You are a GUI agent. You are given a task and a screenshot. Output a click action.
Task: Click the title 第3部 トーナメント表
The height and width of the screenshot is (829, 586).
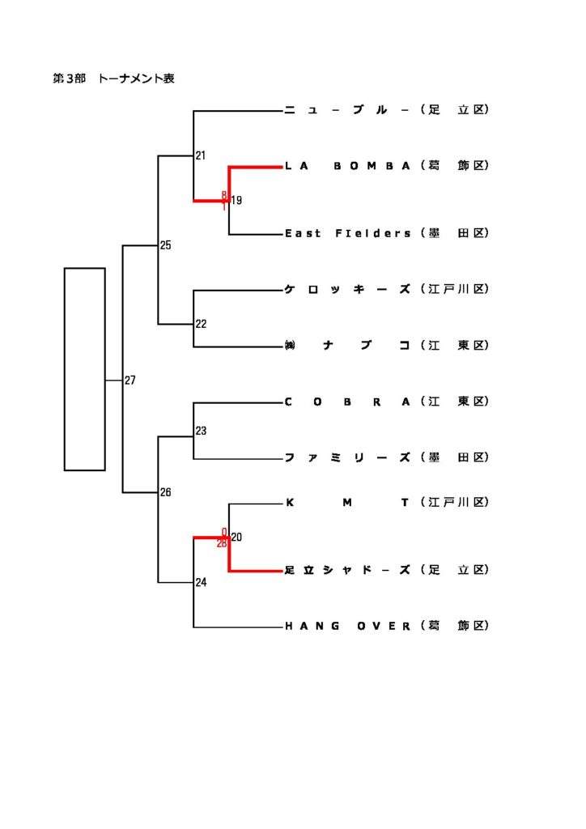pos(113,79)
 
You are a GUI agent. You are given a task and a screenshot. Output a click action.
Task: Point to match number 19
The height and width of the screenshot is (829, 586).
pos(236,201)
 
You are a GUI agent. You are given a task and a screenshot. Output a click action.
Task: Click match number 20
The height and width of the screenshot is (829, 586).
pos(236,537)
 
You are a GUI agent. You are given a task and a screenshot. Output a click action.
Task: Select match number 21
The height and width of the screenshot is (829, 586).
pos(201,155)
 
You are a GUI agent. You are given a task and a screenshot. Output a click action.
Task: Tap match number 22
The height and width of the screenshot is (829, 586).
pos(201,324)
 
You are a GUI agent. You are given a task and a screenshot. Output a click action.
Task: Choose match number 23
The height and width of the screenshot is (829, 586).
pos(201,432)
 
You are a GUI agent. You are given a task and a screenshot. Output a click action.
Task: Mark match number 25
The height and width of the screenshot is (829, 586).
pos(165,245)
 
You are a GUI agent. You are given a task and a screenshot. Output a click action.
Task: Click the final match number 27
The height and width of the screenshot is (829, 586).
pos(130,380)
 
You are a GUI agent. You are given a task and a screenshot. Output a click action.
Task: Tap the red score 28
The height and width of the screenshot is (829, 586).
pos(221,544)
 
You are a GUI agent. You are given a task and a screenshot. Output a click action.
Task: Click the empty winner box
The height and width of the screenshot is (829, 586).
pos(85,368)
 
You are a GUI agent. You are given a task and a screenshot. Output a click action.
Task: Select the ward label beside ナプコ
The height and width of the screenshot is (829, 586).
pos(455,346)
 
